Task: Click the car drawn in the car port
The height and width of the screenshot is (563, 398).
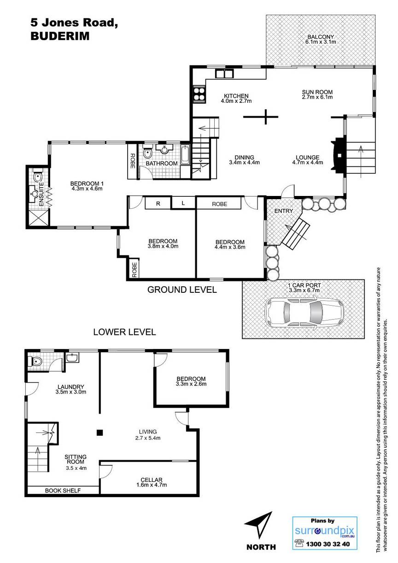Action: [304, 313]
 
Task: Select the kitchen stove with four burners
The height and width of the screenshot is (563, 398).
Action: [199, 94]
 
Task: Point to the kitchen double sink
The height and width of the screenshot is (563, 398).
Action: [223, 74]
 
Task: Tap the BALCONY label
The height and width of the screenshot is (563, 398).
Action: [321, 37]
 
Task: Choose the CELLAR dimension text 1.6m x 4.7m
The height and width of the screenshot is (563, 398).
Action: [151, 485]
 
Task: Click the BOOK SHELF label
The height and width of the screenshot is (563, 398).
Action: [63, 490]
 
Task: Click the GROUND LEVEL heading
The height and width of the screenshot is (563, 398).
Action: [182, 290]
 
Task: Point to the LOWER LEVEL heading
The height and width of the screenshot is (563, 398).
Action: [124, 332]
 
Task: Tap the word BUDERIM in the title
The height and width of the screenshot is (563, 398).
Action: [60, 36]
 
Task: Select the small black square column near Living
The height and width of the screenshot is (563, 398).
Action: [100, 433]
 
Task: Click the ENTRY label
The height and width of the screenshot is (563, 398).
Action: [283, 211]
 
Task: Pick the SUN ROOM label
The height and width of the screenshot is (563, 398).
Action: [317, 92]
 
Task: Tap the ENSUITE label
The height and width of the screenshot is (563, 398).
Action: [41, 194]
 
